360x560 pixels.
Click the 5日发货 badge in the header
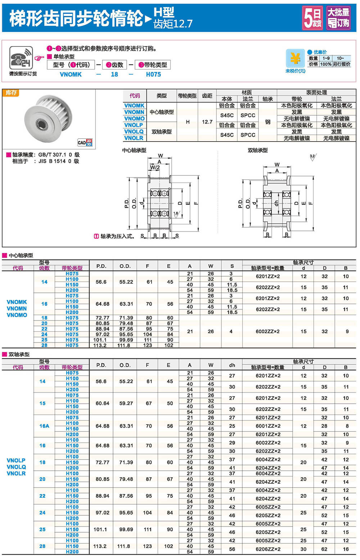[312, 18]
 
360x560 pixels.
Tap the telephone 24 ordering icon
[21, 58]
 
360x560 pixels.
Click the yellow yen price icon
[295, 58]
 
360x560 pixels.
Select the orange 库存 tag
[11, 93]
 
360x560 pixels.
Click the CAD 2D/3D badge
[85, 143]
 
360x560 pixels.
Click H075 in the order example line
[153, 75]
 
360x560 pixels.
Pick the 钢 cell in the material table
[267, 122]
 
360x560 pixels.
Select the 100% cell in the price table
[325, 64]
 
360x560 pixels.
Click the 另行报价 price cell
[341, 64]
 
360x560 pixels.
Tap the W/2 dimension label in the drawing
[155, 167]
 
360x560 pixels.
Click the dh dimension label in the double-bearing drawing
[276, 203]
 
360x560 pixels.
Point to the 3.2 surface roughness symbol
[312, 157]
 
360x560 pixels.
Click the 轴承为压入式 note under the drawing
[114, 236]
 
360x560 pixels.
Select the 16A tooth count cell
[44, 426]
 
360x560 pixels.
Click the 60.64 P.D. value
[102, 403]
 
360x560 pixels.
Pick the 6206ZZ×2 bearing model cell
[268, 549]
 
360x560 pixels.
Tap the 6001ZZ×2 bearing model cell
[268, 426]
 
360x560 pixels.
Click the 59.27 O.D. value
[126, 403]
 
